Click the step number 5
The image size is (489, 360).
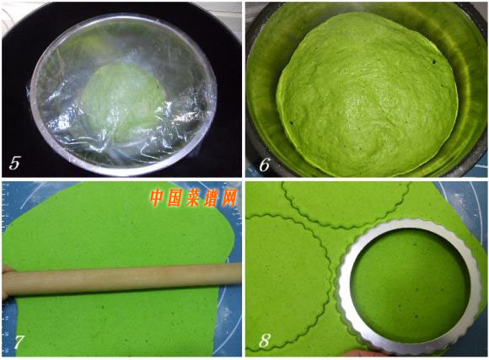[x=14, y=163]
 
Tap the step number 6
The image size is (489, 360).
[x=264, y=164]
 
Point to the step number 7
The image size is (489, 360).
[x=19, y=342]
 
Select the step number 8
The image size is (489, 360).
[x=264, y=341]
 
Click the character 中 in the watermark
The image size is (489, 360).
[x=158, y=198]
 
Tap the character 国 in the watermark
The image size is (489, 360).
[x=175, y=198]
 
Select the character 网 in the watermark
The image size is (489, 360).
[x=228, y=198]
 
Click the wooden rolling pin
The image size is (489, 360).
[x=121, y=280]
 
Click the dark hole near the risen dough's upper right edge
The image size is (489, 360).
[x=434, y=62]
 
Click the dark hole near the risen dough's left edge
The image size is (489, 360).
[x=293, y=123]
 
